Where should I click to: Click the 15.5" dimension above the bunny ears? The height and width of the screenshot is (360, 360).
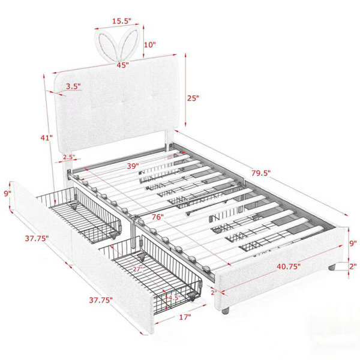pyautogui.click(x=121, y=21)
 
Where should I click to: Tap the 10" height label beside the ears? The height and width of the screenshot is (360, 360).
pyautogui.click(x=150, y=44)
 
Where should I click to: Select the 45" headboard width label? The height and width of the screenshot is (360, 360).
pyautogui.click(x=122, y=65)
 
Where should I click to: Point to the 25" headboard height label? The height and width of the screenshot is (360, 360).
pyautogui.click(x=193, y=98)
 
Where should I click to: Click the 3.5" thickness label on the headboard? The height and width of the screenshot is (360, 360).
pyautogui.click(x=73, y=86)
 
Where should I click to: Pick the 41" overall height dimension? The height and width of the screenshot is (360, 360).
pyautogui.click(x=47, y=138)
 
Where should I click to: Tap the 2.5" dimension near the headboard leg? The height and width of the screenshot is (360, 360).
pyautogui.click(x=70, y=157)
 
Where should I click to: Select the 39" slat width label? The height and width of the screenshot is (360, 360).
pyautogui.click(x=133, y=166)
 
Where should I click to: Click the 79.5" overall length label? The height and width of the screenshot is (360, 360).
pyautogui.click(x=261, y=173)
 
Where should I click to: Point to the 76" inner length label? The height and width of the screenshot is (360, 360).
pyautogui.click(x=158, y=217)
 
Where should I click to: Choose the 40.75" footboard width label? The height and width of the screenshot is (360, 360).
pyautogui.click(x=289, y=266)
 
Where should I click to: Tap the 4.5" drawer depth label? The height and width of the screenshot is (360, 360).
pyautogui.click(x=174, y=298)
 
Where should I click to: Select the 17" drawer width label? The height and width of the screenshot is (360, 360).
pyautogui.click(x=185, y=317)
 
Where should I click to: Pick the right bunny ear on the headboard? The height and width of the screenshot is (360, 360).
pyautogui.click(x=129, y=43)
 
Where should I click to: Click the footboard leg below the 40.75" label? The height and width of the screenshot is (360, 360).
pyautogui.click(x=226, y=310)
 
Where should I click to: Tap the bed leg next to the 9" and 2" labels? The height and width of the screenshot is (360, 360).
pyautogui.click(x=332, y=267)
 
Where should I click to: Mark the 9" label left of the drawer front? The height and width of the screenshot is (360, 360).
pyautogui.click(x=8, y=194)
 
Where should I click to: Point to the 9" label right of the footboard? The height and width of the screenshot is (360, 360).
pyautogui.click(x=353, y=244)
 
